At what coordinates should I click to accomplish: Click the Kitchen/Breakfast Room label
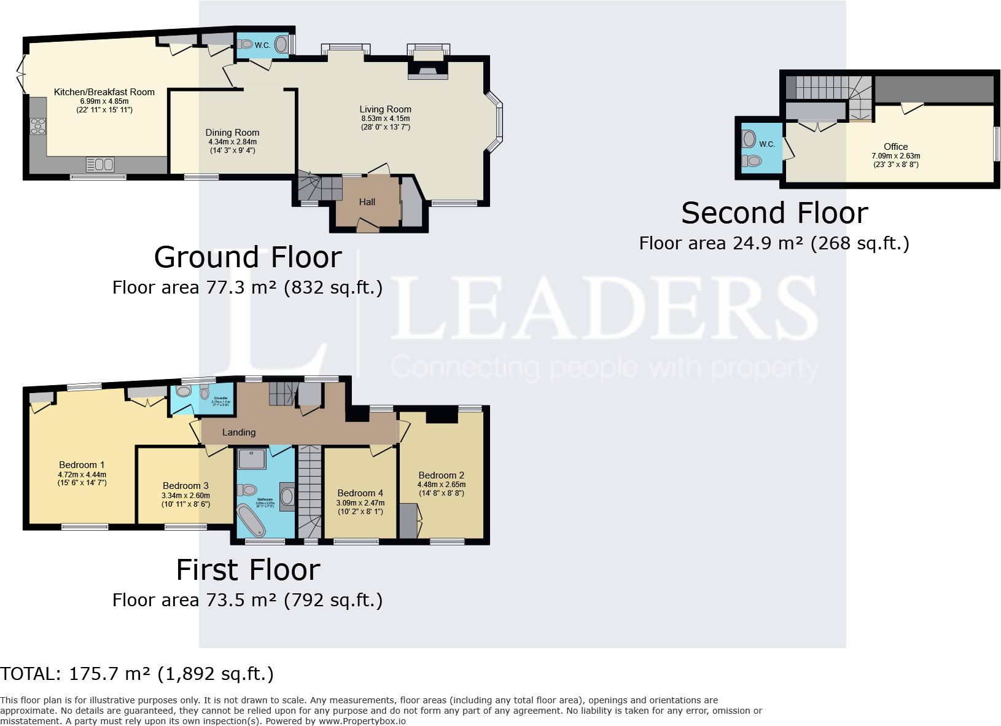click(104, 92)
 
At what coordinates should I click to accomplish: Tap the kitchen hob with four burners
click(38, 126)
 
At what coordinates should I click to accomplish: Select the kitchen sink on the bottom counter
click(100, 165)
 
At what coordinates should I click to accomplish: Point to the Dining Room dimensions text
click(233, 146)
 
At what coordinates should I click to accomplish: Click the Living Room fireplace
click(428, 72)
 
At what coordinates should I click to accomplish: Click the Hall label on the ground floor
click(367, 202)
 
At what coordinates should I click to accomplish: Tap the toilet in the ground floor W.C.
click(246, 44)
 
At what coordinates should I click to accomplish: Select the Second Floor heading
click(774, 214)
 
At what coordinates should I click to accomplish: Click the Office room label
click(895, 147)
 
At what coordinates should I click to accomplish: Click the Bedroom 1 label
click(82, 465)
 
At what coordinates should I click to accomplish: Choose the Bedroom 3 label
click(185, 486)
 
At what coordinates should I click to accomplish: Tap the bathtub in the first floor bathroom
click(251, 521)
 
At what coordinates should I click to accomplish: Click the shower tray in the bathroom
click(252, 459)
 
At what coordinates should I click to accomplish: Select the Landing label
click(239, 432)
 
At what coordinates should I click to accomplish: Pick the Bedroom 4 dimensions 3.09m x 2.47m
click(360, 503)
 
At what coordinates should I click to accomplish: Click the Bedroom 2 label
click(441, 475)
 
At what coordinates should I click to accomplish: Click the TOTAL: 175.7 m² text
click(137, 674)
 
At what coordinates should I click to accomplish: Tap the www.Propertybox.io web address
click(362, 721)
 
